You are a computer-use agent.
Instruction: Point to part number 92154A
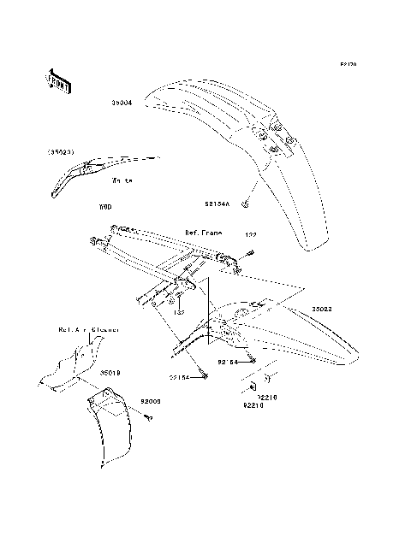pos(218,204)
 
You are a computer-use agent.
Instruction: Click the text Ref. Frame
pos(203,233)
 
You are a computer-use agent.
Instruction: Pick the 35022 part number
pos(323,309)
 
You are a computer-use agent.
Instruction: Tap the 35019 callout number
pos(110,373)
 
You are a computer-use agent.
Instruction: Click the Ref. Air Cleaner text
pos(88,328)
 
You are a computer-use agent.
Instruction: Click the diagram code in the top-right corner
pos(348,64)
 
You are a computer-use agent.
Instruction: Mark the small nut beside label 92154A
pos(245,204)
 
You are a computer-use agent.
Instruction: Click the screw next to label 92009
pos(148,416)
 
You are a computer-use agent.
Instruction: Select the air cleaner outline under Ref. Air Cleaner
pos(73,368)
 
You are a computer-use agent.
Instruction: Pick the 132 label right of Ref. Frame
pos(251,233)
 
